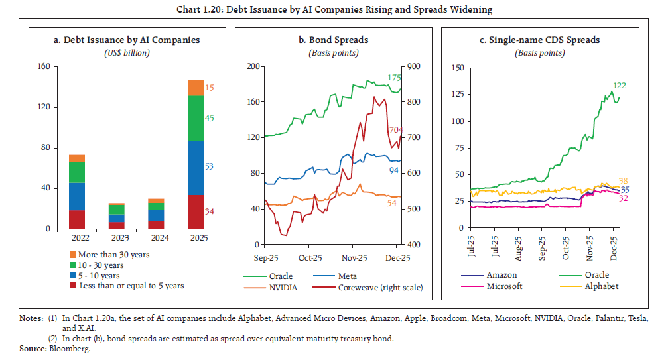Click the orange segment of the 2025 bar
196,88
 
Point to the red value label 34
210,211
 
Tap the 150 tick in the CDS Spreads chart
456,67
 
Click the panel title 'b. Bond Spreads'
334,40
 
